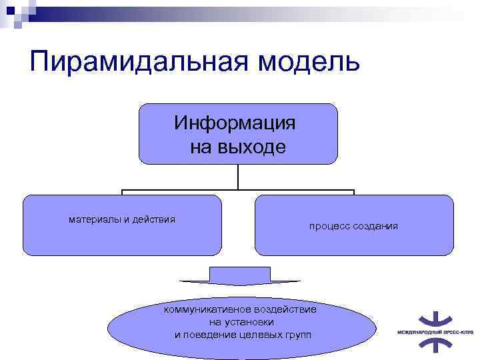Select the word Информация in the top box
click(235, 123)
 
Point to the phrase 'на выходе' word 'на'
click(200, 147)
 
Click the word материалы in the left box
click(96, 219)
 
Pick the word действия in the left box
click(154, 219)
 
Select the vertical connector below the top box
click(238, 177)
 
